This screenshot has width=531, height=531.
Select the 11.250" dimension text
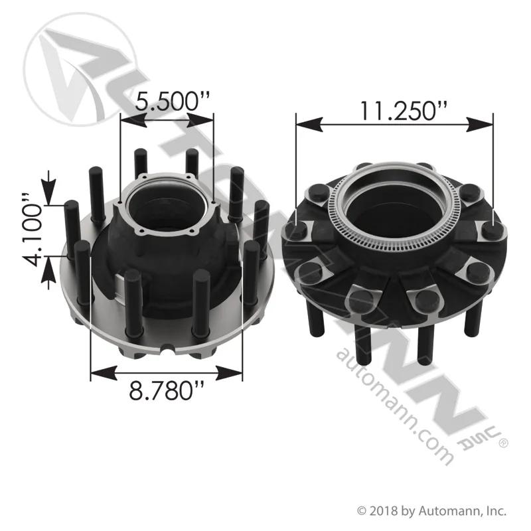pyautogui.click(x=403, y=110)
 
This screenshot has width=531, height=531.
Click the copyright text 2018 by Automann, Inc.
pyautogui.click(x=432, y=511)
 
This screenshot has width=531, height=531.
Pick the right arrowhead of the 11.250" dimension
pyautogui.click(x=480, y=125)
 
